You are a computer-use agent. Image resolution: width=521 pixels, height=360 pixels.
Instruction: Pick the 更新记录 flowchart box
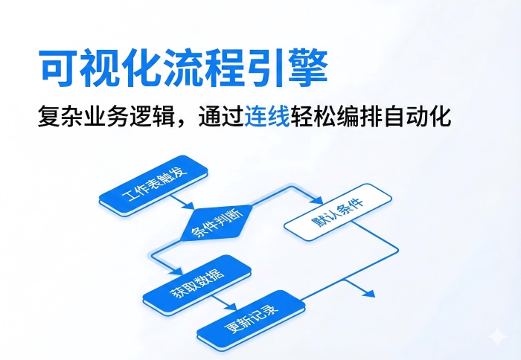[251, 318]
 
